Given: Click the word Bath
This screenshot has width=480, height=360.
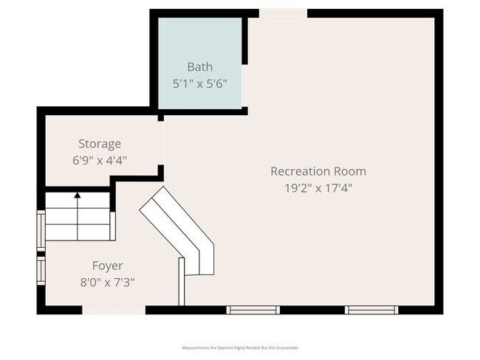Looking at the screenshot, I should click(x=200, y=66).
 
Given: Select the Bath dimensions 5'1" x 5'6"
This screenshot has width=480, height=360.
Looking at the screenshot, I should click(x=201, y=83).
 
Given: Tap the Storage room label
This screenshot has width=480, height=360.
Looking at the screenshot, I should click(x=100, y=144).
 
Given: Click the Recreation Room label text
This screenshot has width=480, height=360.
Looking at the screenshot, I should click(x=318, y=171).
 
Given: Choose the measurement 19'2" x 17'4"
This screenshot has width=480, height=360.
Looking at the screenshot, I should click(x=318, y=188).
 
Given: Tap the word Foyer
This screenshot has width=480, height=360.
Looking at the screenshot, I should click(x=107, y=266).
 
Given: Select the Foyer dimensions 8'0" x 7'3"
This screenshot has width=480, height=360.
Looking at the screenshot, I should click(x=107, y=282).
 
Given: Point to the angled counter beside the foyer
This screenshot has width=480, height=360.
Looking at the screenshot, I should click(x=181, y=229).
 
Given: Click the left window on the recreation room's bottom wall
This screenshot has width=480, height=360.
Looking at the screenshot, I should click(x=253, y=310).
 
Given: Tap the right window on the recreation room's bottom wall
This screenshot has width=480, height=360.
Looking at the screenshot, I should click(x=372, y=310).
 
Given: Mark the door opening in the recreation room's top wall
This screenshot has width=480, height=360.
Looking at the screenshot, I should click(x=283, y=13).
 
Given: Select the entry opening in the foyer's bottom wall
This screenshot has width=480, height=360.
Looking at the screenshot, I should click(x=113, y=311).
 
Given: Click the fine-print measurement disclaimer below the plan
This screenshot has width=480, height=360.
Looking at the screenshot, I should click(x=240, y=347).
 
